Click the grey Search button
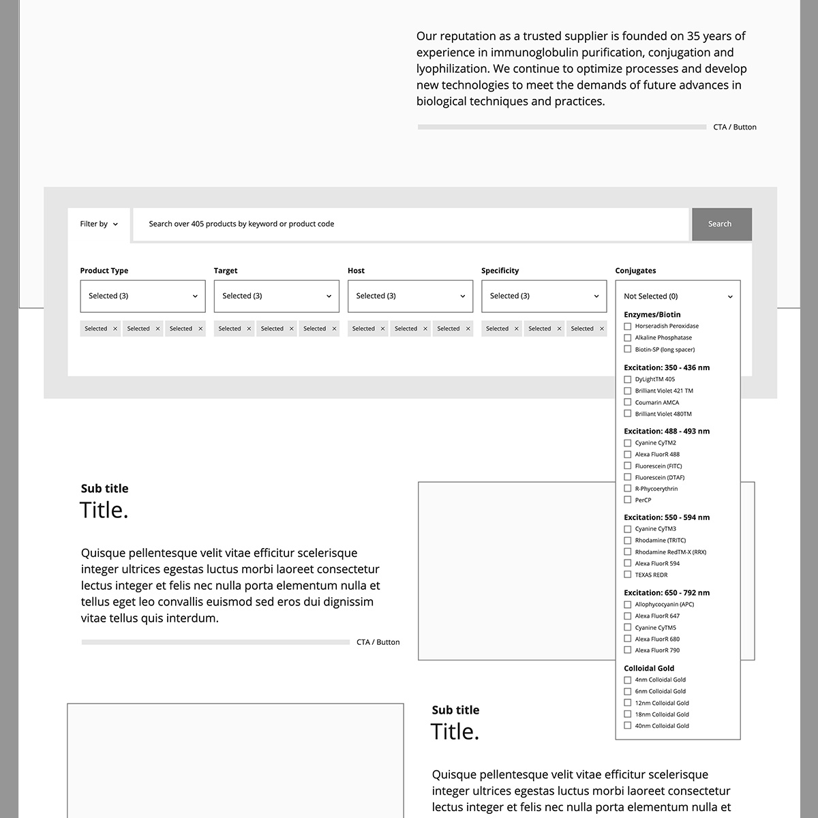(x=721, y=224)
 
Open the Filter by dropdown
(x=99, y=224)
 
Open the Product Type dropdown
(x=142, y=297)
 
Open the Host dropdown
(x=410, y=297)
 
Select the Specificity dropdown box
(x=543, y=297)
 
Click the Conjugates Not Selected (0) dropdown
(x=678, y=297)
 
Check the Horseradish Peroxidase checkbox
(x=628, y=327)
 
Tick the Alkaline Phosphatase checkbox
(x=628, y=338)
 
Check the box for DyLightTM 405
(x=628, y=380)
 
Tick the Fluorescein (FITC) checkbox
(x=628, y=466)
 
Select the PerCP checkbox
(x=628, y=500)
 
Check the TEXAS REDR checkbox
(x=628, y=575)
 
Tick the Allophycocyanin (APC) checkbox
(x=628, y=605)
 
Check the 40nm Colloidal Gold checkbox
(x=628, y=726)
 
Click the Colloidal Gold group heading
(x=648, y=669)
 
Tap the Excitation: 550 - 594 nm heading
(x=666, y=517)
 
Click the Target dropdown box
(x=276, y=297)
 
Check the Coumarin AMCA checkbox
(x=628, y=403)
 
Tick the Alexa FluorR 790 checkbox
(x=628, y=650)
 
